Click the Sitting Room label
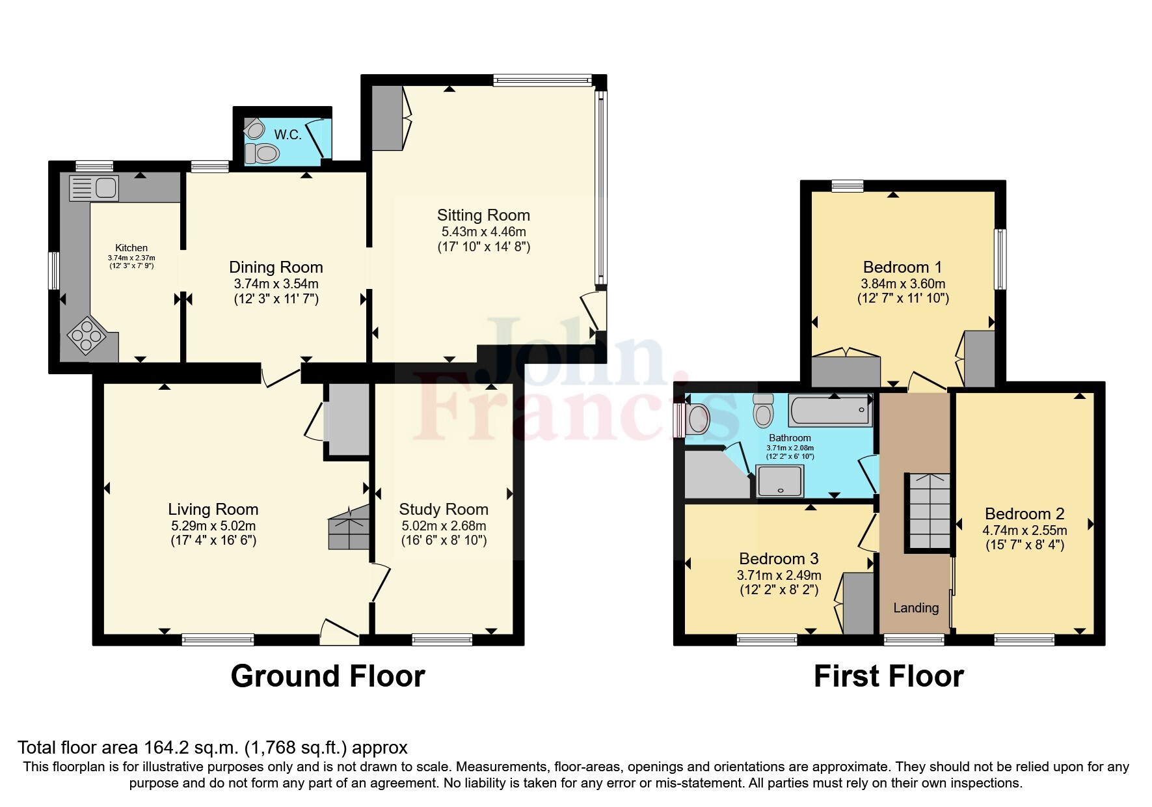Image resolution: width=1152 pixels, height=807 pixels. (x=483, y=215)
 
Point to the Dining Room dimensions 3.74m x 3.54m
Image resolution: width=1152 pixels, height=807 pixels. (x=276, y=284)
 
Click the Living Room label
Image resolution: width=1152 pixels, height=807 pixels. (x=213, y=510)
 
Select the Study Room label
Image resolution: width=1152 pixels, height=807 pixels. (x=444, y=510)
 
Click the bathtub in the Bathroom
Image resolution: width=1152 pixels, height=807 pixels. (x=830, y=410)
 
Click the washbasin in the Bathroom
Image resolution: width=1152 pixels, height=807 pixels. (x=696, y=419)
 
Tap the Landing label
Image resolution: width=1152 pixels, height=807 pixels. (x=916, y=608)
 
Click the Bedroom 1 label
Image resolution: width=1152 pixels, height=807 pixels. (x=902, y=267)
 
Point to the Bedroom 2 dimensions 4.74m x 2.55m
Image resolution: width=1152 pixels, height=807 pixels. (x=1024, y=530)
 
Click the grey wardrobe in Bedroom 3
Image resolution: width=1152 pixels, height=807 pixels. (x=859, y=603)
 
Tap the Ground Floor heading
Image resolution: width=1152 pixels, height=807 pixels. (x=328, y=676)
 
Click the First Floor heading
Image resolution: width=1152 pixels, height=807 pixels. (x=889, y=676)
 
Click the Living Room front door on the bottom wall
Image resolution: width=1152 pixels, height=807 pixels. (x=340, y=631)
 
